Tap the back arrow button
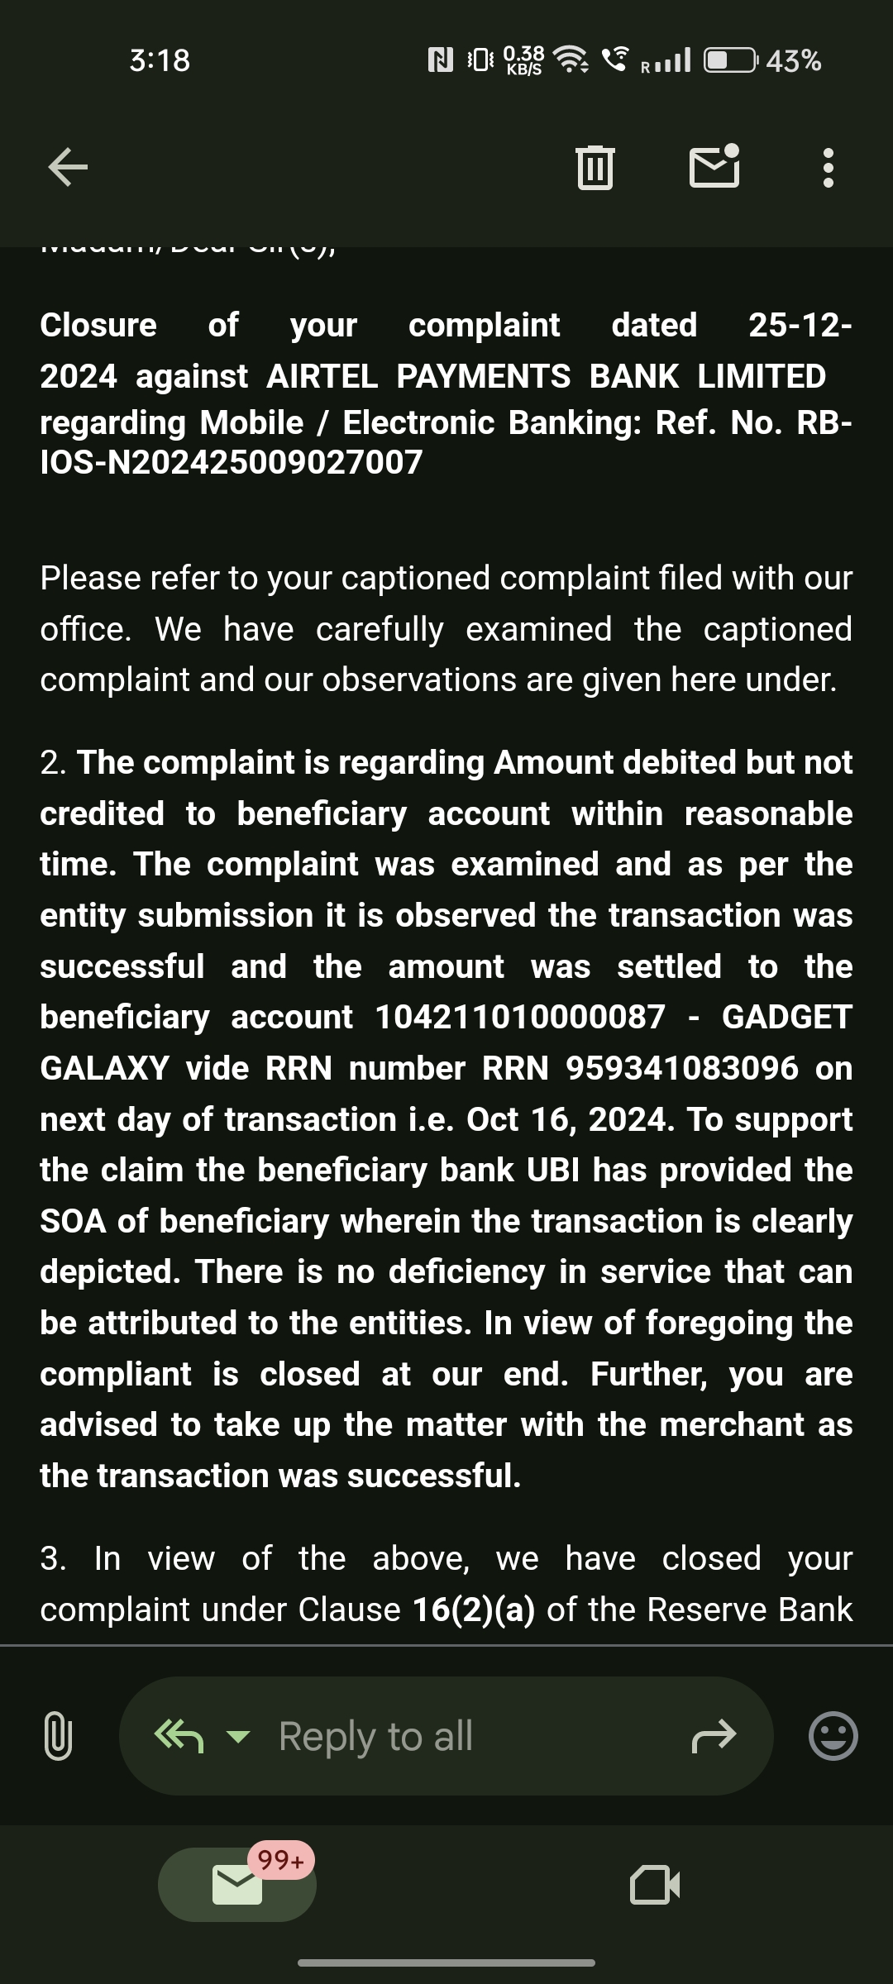[68, 168]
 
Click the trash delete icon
[595, 168]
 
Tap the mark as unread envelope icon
[714, 166]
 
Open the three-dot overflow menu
[828, 168]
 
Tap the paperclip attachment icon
[57, 1735]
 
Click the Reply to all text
[375, 1736]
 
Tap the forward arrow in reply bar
[713, 1736]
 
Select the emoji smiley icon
[833, 1735]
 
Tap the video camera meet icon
[654, 1885]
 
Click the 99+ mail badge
[280, 1860]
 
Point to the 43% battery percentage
[793, 61]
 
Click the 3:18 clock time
[160, 61]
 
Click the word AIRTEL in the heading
[322, 377]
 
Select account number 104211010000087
[520, 1018]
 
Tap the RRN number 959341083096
[682, 1069]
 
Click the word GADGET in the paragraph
[786, 1018]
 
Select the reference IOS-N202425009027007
[232, 463]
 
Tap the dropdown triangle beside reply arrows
[238, 1737]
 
